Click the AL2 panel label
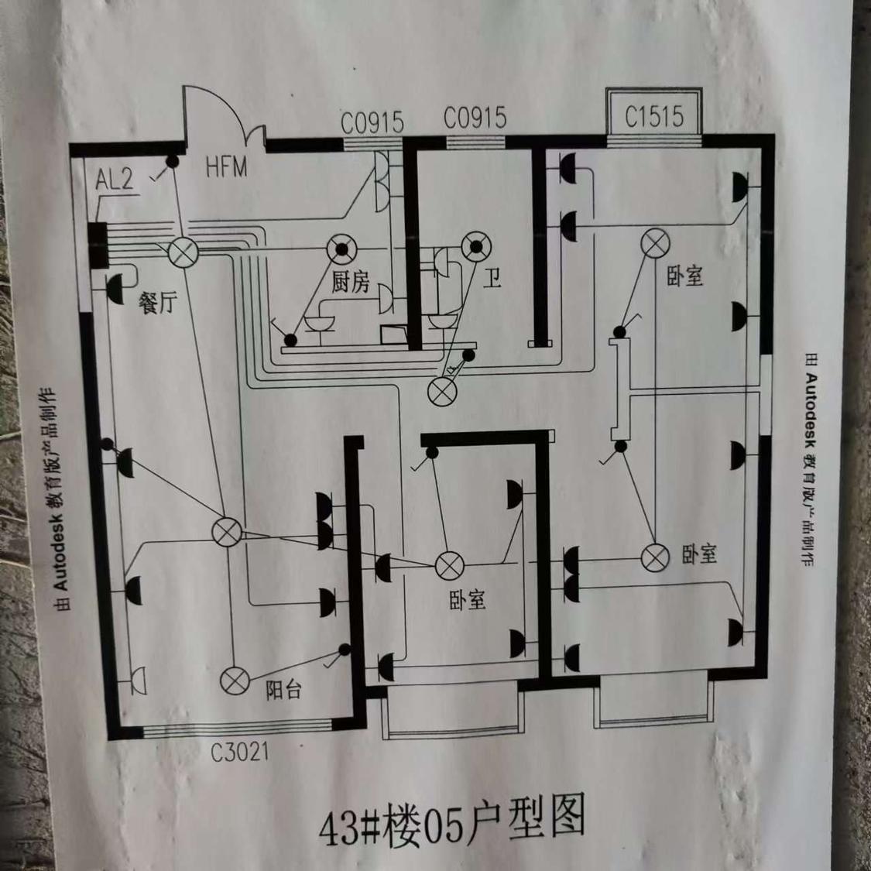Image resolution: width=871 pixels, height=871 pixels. coord(114,180)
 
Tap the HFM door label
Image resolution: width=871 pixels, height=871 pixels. coord(226,166)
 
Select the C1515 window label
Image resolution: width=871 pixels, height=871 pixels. coord(654,117)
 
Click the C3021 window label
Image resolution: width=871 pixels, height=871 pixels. coord(240,751)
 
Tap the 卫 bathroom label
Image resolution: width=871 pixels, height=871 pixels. coord(493,277)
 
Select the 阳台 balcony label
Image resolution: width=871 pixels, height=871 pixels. coord(283,689)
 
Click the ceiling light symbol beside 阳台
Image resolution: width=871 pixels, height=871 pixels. coord(235,681)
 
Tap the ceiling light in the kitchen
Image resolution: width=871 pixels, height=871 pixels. coord(341,249)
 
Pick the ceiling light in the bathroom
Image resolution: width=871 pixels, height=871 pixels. coord(476,248)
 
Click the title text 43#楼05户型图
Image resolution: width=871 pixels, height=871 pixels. coord(452,822)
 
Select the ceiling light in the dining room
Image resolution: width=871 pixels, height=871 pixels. coord(184,252)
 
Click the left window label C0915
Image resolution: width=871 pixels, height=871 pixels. coord(372,122)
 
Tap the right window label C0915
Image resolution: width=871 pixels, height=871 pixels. coord(475,118)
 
